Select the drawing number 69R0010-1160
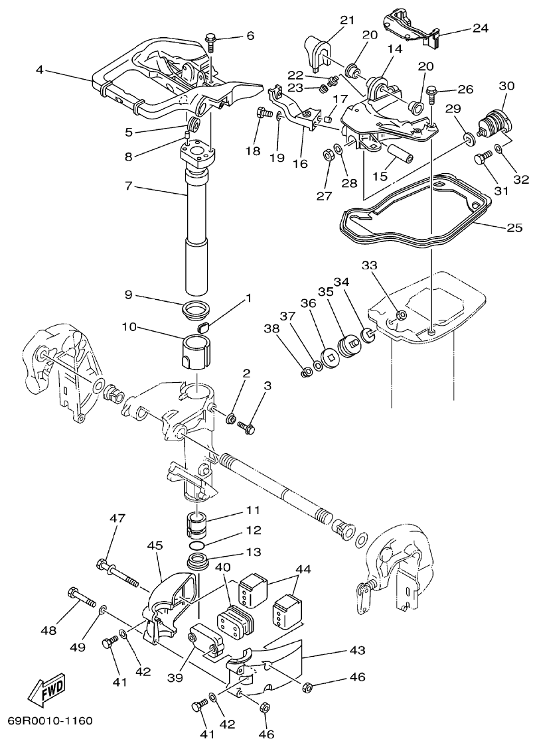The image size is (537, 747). pyautogui.click(x=50, y=720)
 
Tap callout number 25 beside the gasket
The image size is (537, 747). pyautogui.click(x=514, y=228)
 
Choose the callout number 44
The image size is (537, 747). pyautogui.click(x=303, y=569)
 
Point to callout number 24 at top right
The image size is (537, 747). pyautogui.click(x=480, y=28)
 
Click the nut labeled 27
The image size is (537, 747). pyautogui.click(x=327, y=155)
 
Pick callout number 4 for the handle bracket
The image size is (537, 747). pyautogui.click(x=40, y=69)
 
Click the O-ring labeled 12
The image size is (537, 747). pyautogui.click(x=200, y=543)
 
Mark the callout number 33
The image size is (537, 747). pyautogui.click(x=369, y=265)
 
